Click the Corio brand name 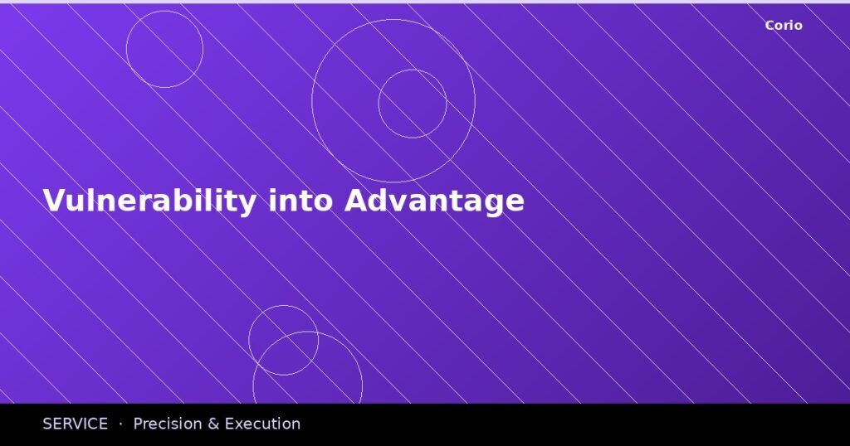[x=784, y=26]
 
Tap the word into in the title [x=300, y=201]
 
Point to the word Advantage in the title [x=434, y=201]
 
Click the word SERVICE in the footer [x=75, y=424]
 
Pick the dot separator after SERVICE [x=120, y=424]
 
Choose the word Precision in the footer [x=166, y=424]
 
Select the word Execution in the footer [x=262, y=424]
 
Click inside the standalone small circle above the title [x=164, y=49]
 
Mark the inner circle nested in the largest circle [x=413, y=104]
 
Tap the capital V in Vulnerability [x=53, y=201]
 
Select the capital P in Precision [x=138, y=424]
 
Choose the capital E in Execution [x=230, y=424]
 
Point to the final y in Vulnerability [x=247, y=204]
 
